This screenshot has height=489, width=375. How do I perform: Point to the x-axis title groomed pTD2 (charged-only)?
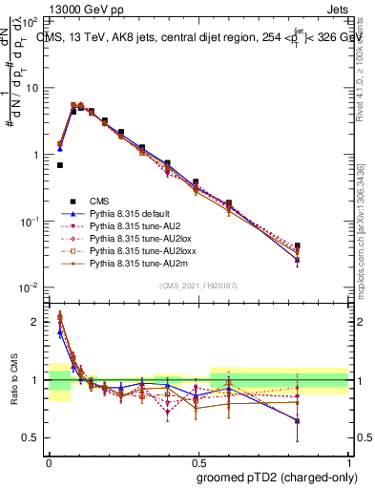[274, 478]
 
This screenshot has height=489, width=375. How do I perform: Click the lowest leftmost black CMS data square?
[59, 165]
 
